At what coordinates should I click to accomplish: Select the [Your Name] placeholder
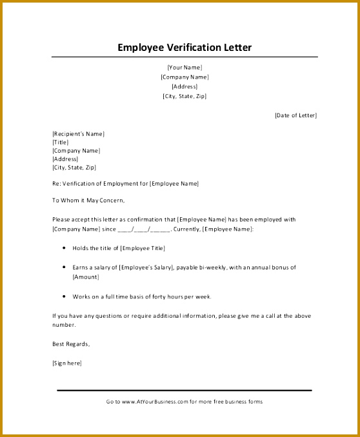185,67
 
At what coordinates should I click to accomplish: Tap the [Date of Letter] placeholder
295,115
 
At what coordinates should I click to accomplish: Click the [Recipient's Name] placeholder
78,133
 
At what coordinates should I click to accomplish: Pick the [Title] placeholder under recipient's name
60,142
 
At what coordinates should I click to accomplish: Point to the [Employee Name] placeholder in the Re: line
174,184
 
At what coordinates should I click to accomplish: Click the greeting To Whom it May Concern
87,200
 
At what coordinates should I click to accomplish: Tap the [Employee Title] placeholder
142,248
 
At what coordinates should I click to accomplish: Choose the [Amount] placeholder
85,277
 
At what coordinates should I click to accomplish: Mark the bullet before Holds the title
65,248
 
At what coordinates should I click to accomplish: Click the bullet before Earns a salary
65,267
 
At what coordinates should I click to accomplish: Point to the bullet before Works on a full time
65,297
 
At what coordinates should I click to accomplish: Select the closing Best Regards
71,344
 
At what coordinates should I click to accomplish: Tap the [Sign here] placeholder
67,363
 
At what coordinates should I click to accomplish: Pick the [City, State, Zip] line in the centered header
185,96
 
